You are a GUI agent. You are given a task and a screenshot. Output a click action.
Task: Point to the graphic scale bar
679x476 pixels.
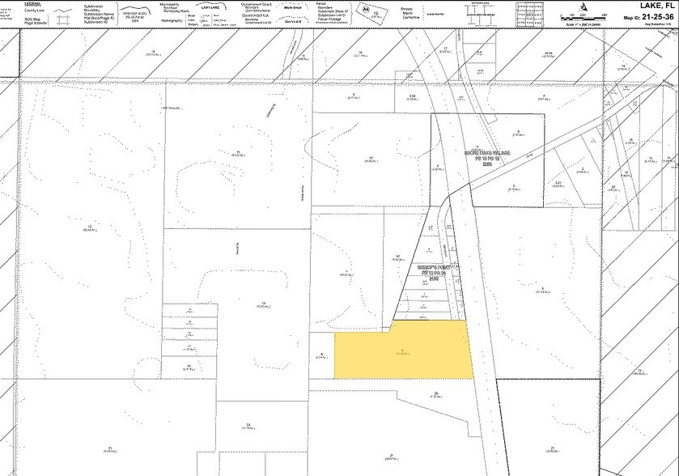(x=580, y=15)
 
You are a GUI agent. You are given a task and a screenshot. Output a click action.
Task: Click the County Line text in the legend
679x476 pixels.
(x=33, y=8)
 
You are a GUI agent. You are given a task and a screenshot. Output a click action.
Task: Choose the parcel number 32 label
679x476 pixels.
(x=371, y=157)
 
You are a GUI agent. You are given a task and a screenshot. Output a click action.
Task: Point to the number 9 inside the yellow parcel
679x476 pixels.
(x=402, y=348)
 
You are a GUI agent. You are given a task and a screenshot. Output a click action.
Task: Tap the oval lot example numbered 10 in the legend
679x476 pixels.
(x=376, y=11)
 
